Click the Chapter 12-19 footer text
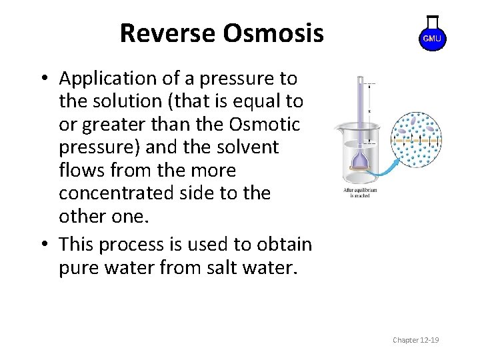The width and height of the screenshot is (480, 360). tap(415, 340)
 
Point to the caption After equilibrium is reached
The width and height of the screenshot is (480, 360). tap(360, 193)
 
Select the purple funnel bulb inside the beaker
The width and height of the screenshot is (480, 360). tap(361, 159)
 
